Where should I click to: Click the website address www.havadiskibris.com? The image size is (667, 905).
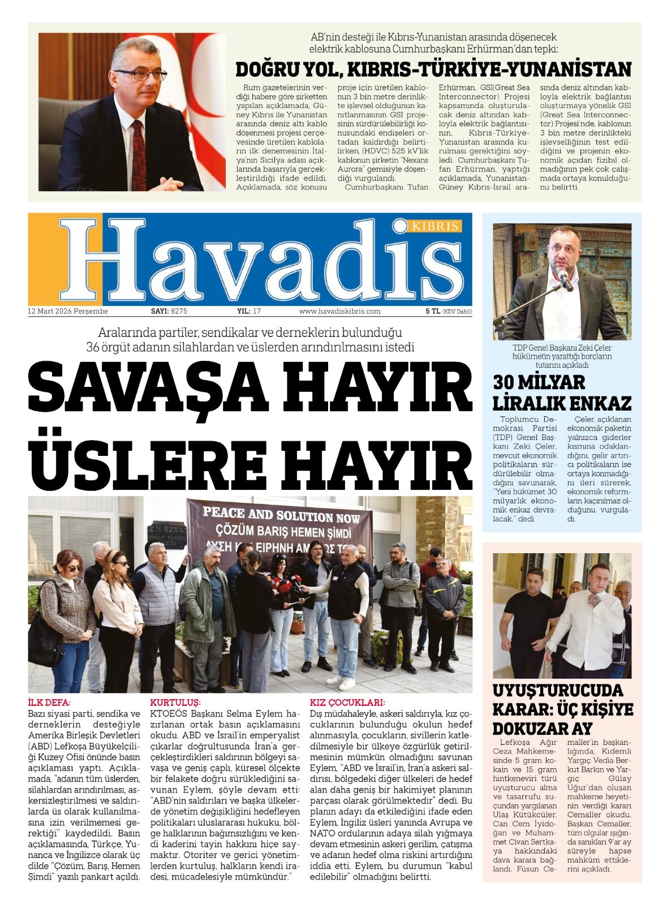pos(339,311)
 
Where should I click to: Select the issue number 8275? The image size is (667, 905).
pos(179,311)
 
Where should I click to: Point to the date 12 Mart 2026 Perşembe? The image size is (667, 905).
pos(68,311)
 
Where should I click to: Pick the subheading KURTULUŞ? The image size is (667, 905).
pos(175,703)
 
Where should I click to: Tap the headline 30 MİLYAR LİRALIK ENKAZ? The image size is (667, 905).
pos(561,393)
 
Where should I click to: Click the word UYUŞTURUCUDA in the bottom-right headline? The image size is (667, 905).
pos(557,691)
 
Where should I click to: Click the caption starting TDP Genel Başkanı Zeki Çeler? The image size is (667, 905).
pos(561,356)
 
